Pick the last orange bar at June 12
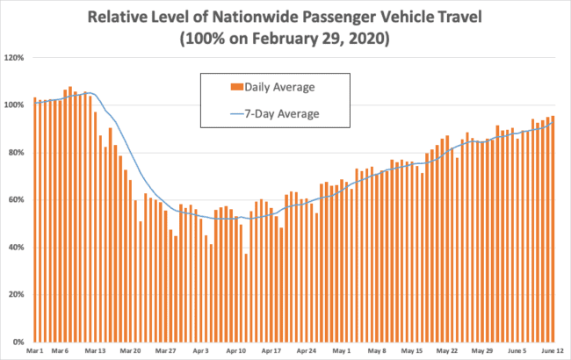coord(553,228)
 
